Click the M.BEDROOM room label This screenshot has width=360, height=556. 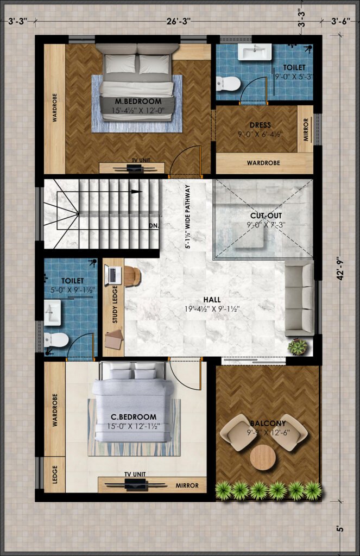tap(138, 102)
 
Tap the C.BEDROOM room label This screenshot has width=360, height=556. tap(134, 417)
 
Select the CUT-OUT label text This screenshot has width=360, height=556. tap(266, 216)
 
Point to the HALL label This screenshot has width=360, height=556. tap(212, 300)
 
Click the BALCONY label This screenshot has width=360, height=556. tap(268, 424)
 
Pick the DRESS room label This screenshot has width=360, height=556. tap(260, 125)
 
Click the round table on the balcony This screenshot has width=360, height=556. tap(263, 457)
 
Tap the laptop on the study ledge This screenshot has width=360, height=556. tap(113, 275)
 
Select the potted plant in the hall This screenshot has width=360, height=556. tap(297, 346)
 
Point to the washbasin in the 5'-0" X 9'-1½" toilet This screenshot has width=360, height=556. tap(53, 312)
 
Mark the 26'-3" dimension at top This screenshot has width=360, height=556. tap(179, 21)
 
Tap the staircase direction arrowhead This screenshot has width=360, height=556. tap(136, 192)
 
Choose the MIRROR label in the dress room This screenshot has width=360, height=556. tap(306, 130)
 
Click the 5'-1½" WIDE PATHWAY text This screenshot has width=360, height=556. tap(188, 217)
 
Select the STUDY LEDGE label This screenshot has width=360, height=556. tap(115, 304)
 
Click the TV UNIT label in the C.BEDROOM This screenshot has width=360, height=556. tap(135, 474)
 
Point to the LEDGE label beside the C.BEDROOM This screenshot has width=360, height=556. tap(55, 475)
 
